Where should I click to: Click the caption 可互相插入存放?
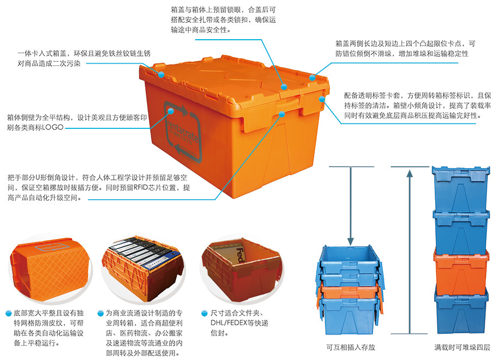click(350, 347)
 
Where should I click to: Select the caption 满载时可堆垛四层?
click(462, 347)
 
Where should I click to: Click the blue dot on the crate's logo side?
click(171, 110)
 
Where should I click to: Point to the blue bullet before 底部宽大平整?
click(9, 313)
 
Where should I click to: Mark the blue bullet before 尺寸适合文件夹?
click(204, 313)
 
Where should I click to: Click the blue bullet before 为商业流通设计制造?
click(101, 313)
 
